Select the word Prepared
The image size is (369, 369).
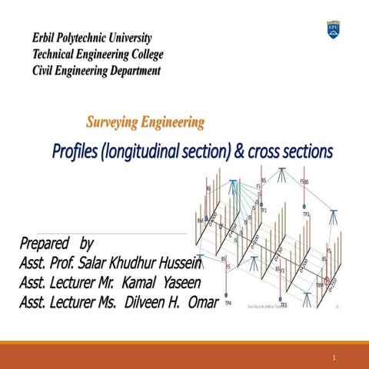(x=45, y=244)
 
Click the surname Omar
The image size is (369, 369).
(x=203, y=300)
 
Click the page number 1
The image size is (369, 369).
(x=335, y=358)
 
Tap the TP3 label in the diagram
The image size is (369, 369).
(x=284, y=305)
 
